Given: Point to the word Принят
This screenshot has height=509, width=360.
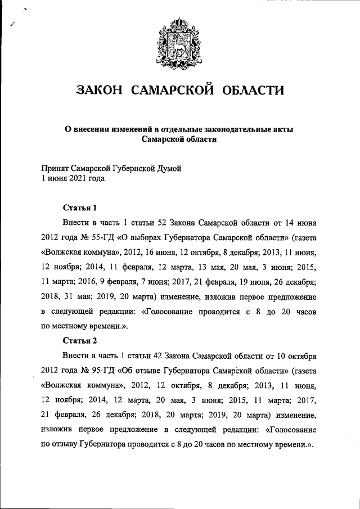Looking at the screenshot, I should click(55, 168).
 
